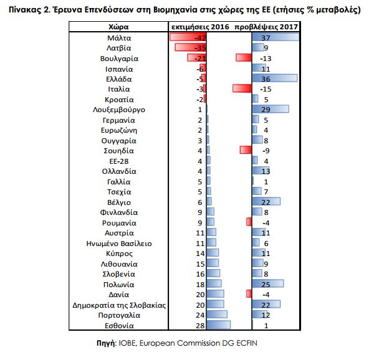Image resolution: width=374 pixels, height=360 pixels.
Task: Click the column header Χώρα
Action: point(118,27)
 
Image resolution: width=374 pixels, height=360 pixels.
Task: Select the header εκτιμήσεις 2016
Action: point(200,27)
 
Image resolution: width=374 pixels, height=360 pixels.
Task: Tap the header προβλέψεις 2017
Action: point(266,27)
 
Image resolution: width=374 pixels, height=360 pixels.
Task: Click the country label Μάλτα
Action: point(119,38)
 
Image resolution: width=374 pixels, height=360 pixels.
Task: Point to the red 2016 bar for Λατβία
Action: point(190,47)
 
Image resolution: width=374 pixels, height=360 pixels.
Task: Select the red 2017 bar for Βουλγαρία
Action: point(244,58)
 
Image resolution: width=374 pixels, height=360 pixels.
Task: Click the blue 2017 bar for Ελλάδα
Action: point(275,78)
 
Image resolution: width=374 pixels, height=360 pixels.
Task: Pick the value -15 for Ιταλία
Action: point(266,89)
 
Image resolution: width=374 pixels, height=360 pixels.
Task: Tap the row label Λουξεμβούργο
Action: point(119,110)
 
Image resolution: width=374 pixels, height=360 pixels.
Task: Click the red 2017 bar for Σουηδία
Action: point(246,150)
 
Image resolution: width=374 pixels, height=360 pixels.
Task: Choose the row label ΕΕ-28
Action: point(119,161)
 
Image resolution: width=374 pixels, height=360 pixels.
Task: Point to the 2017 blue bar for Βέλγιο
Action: point(266,201)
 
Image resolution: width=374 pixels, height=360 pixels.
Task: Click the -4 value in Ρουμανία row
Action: point(266,223)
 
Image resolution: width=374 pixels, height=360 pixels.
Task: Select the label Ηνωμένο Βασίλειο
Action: point(119,244)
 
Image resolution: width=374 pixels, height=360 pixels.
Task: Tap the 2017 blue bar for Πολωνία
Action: point(268,283)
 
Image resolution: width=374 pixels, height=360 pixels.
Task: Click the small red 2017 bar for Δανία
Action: point(249,294)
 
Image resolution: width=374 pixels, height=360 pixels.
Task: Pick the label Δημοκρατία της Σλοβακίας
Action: point(119,305)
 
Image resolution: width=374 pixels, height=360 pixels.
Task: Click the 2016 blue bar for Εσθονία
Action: point(219,324)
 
